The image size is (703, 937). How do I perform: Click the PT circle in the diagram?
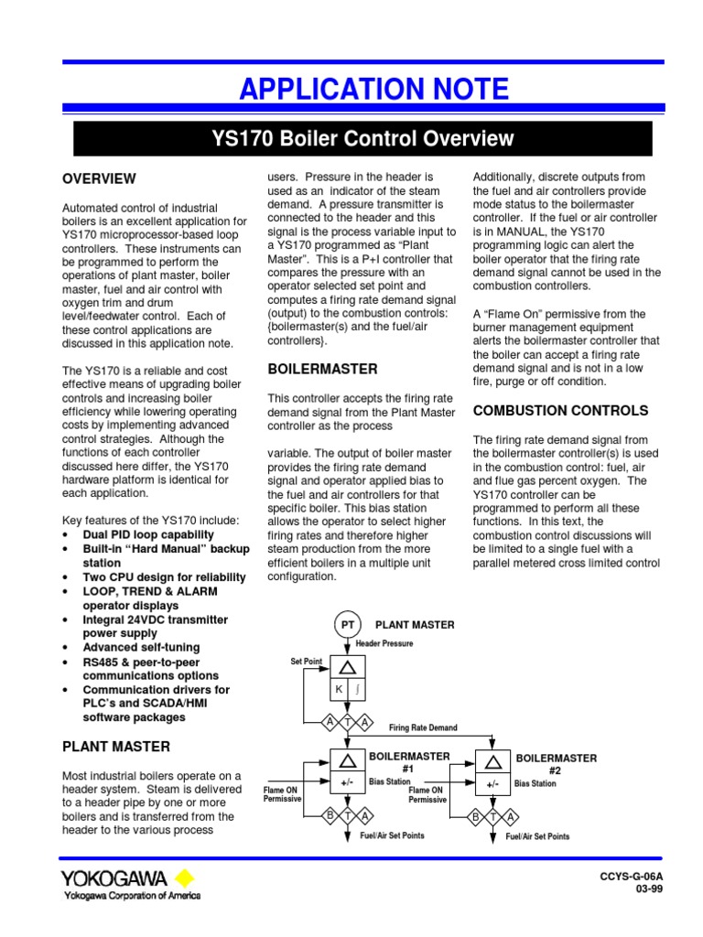[348, 624]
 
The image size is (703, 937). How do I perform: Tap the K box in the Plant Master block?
[338, 689]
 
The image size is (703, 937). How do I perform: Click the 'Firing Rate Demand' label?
[423, 727]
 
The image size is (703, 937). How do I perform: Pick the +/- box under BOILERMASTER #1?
[347, 783]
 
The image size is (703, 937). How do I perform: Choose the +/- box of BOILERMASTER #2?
[492, 784]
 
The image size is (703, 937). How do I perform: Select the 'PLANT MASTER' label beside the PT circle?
[415, 625]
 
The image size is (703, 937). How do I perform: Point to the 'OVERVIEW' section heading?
[98, 178]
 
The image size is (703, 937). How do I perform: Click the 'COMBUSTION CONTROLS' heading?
[560, 411]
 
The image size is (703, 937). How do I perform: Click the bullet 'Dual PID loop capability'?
[148, 534]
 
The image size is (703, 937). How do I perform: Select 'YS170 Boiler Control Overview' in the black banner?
[362, 139]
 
